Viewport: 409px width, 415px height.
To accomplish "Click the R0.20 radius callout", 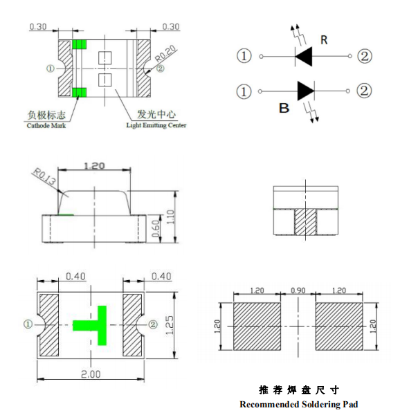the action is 165,54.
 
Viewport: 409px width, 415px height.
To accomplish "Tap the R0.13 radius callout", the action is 44,177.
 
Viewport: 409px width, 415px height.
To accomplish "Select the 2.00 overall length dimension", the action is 91,374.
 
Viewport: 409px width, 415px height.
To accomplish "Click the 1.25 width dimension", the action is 170,325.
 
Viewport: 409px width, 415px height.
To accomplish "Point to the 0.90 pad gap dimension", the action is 298,290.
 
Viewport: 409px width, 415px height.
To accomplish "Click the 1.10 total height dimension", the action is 171,216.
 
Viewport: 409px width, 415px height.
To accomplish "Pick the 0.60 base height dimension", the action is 156,228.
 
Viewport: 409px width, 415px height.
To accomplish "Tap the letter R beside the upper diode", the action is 324,40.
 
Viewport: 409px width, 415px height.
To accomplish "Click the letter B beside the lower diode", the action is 284,108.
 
